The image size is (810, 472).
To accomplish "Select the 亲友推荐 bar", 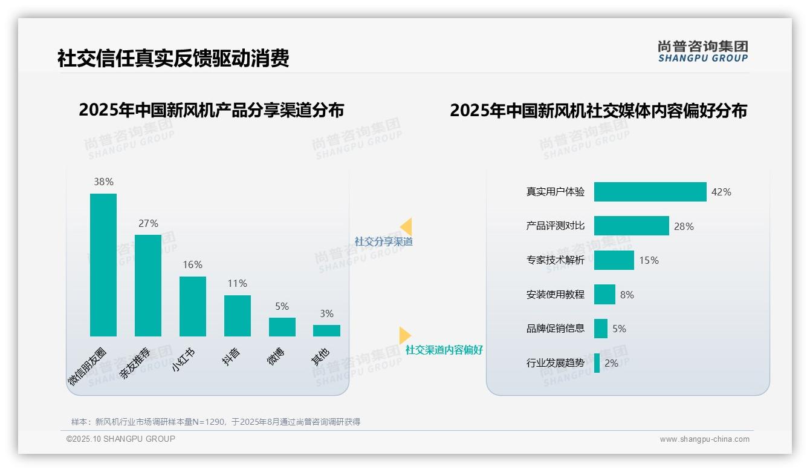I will click(148, 286).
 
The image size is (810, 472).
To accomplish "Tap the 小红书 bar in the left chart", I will click(193, 306).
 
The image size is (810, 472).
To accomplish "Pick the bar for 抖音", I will click(238, 316).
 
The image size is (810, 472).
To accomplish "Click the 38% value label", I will click(103, 182).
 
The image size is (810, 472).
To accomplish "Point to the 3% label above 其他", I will click(326, 313).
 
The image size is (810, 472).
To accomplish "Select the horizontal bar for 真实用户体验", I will click(650, 192).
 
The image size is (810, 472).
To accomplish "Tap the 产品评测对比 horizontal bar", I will click(631, 226).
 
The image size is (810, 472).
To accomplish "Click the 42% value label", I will click(721, 192).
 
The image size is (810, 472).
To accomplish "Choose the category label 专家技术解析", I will click(556, 260).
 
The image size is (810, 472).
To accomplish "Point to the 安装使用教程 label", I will click(556, 295).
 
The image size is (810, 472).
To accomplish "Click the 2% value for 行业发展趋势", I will click(611, 364).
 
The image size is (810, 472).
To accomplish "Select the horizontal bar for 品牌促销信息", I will click(600, 329).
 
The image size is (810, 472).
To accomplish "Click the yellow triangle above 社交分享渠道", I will click(406, 226).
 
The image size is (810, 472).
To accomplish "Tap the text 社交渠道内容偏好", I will click(444, 350).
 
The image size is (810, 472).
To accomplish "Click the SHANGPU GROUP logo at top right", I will click(702, 51).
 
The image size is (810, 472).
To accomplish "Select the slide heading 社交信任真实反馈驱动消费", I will click(173, 58).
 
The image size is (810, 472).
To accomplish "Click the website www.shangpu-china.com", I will click(704, 439).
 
